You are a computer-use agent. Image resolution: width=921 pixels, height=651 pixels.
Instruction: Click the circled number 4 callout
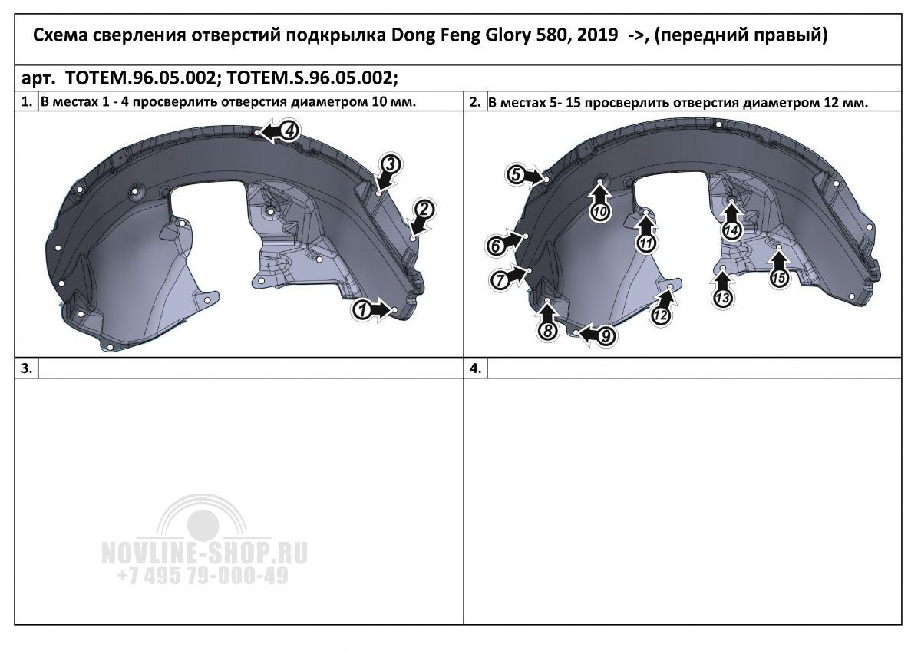pos(290,131)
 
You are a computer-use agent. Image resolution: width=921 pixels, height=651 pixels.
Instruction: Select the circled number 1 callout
pos(361,310)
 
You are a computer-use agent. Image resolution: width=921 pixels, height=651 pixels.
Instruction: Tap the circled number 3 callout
pos(390,164)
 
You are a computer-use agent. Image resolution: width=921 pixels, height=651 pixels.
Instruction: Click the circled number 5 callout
pos(516,175)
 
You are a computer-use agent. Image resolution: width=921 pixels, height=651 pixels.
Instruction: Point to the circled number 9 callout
pos(606,336)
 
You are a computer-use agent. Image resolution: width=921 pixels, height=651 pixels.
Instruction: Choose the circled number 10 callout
pos(600,212)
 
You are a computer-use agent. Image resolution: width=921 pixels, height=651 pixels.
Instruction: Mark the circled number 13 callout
pos(722,298)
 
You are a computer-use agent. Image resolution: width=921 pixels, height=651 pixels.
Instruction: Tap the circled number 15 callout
pos(778,279)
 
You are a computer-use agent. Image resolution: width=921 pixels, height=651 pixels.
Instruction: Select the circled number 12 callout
pos(661,316)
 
